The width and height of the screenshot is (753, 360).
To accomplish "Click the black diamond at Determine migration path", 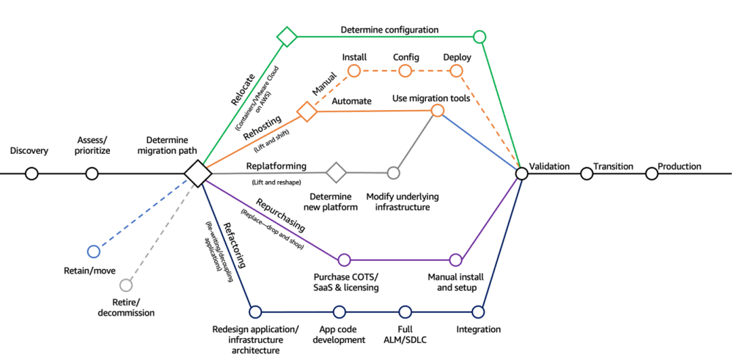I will tap(197, 174).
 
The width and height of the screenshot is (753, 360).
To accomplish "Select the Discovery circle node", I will tap(31, 174).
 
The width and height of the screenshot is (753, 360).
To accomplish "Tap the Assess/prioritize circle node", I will tap(92, 174).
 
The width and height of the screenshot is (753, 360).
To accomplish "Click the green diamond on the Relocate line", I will tap(287, 37).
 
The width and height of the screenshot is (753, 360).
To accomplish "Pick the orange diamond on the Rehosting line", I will tap(306, 111).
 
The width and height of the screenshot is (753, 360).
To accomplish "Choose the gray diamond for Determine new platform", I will tap(336, 173).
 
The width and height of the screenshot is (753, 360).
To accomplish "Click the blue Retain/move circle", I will tap(93, 251).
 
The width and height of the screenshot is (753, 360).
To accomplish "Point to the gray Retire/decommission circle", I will tap(125, 284).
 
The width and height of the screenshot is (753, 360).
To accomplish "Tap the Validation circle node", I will tap(521, 174).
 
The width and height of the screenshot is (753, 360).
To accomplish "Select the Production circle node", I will tap(651, 174).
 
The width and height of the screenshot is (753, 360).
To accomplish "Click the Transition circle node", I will tap(587, 174).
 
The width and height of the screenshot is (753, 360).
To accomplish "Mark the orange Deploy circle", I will tap(456, 71).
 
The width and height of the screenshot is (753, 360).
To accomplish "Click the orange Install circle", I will tap(354, 71).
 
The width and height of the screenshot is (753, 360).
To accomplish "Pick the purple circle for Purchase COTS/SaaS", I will tap(344, 260).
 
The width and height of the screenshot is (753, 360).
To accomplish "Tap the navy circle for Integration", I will tap(478, 312).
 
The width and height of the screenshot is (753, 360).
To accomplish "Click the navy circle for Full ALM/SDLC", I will tap(405, 312).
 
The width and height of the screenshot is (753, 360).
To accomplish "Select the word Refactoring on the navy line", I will tap(238, 249).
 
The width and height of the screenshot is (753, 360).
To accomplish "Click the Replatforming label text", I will tap(276, 166).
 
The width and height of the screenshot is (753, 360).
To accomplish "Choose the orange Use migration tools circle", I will tap(438, 111).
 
